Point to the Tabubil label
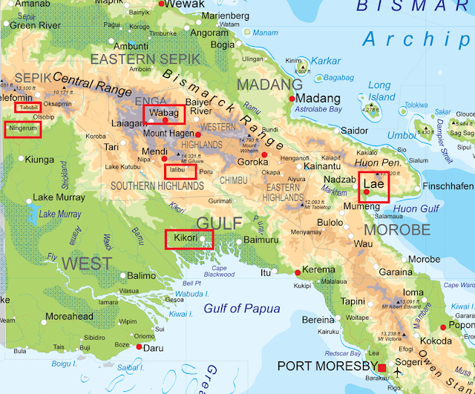click(28, 107)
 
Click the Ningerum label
click(22, 128)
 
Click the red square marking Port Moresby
click(382, 368)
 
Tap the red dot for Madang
click(292, 99)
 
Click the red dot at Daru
click(139, 346)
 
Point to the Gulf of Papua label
click(241, 309)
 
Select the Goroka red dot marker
click(263, 154)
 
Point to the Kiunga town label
click(39, 159)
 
